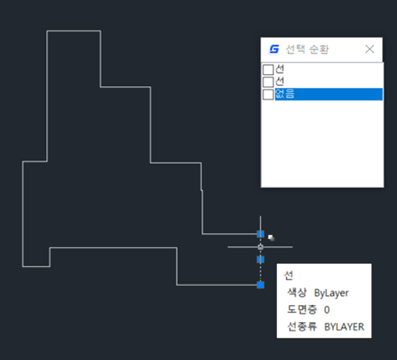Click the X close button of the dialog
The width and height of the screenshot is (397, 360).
point(370,49)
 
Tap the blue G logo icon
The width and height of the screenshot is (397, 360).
point(275,49)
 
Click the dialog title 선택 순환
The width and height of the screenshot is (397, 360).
point(307,49)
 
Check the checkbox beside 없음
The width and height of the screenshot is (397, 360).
point(268,95)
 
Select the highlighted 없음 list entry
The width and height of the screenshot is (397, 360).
point(329,94)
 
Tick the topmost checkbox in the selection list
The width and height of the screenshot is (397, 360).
point(268,70)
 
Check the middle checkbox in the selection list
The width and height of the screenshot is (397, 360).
point(268,82)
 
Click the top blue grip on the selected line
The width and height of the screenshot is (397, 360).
point(261,234)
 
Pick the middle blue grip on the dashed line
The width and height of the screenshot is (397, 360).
point(261,259)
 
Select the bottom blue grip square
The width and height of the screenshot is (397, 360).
point(261,285)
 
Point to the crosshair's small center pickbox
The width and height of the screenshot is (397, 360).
point(261,247)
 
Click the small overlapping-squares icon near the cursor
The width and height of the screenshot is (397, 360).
point(271,238)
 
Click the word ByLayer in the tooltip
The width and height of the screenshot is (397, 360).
point(331,293)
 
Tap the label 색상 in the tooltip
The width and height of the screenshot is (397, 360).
point(297,293)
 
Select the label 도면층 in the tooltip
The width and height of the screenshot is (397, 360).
point(302,309)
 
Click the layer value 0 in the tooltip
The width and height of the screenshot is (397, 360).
point(327,310)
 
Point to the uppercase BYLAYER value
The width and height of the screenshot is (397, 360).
point(344,326)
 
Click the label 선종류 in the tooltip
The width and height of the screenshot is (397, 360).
point(302,326)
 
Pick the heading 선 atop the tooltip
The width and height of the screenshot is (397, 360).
point(289,275)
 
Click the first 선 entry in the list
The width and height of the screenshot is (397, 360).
point(279,69)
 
